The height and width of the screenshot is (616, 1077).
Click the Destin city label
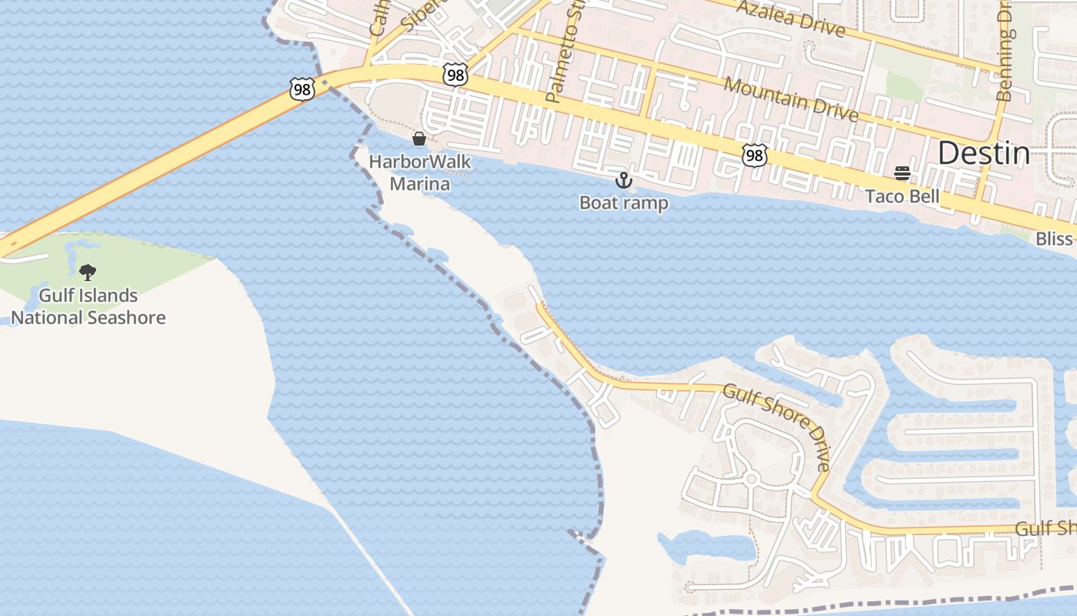click(983, 154)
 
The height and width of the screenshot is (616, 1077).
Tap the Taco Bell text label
click(902, 196)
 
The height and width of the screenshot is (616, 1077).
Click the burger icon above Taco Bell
click(902, 173)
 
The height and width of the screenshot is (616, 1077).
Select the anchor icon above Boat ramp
click(623, 181)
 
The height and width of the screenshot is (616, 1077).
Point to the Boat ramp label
click(623, 203)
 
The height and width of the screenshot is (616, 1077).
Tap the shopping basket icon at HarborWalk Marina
click(419, 139)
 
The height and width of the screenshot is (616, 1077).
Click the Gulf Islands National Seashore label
click(88, 306)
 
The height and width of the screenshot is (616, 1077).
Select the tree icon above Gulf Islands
click(88, 272)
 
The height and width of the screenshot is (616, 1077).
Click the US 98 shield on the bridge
click(302, 89)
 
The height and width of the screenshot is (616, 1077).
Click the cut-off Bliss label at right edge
click(1054, 238)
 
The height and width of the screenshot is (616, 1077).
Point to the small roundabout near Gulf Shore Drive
click(751, 480)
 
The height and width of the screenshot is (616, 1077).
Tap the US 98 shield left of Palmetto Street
click(455, 74)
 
